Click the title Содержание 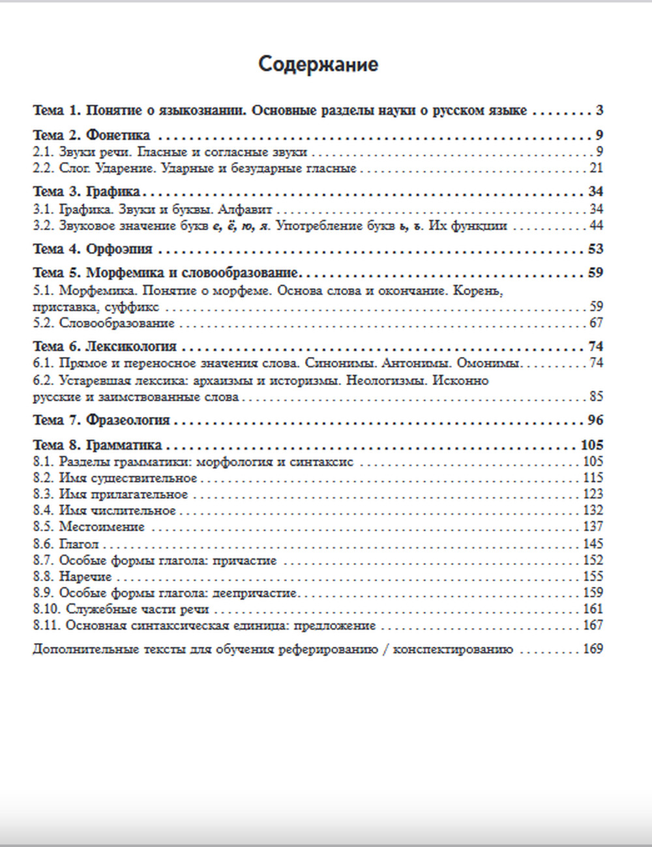[318, 65]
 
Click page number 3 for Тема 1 [599, 110]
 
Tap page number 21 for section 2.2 [596, 168]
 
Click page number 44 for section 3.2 [596, 226]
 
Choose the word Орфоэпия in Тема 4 [119, 249]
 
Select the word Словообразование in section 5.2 [117, 323]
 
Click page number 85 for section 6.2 [596, 396]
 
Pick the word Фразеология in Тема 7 [128, 420]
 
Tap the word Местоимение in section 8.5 [102, 527]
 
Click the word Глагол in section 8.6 [79, 544]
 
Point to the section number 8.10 [46, 609]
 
